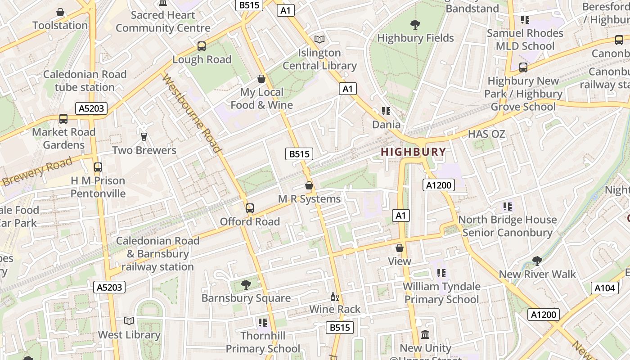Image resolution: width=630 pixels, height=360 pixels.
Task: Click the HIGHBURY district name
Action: click(413, 152)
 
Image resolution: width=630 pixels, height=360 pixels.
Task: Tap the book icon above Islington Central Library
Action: click(319, 40)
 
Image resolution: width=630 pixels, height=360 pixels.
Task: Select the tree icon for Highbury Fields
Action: click(415, 24)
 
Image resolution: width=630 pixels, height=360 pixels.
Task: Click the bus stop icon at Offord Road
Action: click(250, 208)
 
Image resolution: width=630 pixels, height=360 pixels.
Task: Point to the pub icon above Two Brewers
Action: click(144, 136)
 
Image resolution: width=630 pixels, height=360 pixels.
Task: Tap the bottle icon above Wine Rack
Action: click(334, 297)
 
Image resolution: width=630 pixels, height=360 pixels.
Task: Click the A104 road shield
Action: click(604, 288)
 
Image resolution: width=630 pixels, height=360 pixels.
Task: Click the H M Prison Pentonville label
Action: click(98, 187)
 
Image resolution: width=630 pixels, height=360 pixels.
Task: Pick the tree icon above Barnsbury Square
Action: click(246, 284)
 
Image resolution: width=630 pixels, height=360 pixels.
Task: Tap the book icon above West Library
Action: click(129, 321)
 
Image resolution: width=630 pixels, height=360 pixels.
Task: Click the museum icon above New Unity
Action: click(425, 335)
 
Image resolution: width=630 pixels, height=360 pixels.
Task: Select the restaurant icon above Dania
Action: click(386, 111)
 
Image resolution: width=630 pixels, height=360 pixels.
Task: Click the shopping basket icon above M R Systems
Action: click(309, 185)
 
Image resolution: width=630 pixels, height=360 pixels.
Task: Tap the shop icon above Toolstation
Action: click(60, 12)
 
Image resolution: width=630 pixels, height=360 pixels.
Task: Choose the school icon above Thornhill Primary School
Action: click(263, 322)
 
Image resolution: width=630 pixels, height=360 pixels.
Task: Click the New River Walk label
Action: click(537, 274)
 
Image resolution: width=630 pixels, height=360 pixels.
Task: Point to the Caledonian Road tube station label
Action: click(85, 81)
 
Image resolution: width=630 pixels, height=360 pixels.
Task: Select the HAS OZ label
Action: click(486, 134)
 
